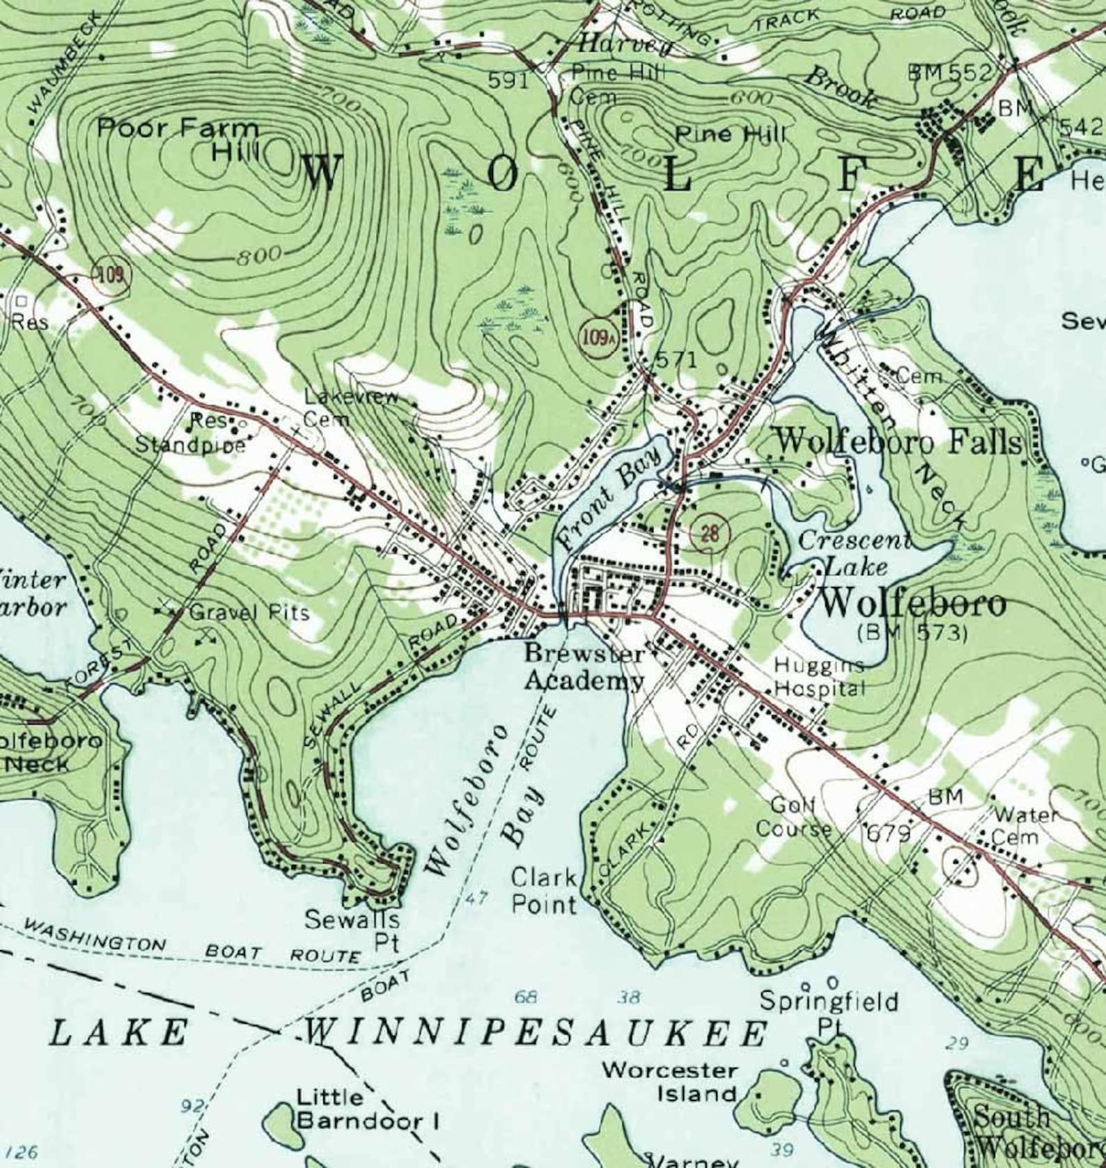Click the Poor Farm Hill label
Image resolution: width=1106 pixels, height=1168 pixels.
178,138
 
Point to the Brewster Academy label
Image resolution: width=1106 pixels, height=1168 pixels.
584,667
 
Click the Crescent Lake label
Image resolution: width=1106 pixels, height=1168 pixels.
855,552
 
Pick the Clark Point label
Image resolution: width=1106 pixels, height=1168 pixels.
545,891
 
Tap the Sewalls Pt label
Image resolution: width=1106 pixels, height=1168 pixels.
352,930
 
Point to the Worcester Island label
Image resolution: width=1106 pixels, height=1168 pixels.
669,1081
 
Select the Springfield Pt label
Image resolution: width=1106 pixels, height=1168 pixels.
829,1011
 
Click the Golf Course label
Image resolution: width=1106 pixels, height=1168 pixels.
794,817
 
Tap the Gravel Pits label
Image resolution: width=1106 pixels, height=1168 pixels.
249,613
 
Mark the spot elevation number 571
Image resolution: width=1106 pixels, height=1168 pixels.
676,359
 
